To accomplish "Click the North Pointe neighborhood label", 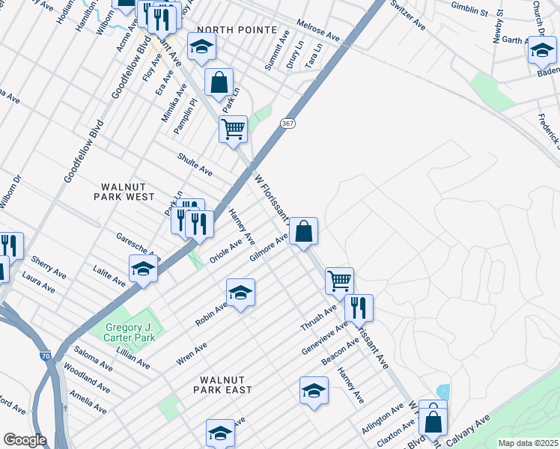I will [x=226, y=29].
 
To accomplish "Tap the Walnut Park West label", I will [x=124, y=191].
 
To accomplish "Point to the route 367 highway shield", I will [x=287, y=123].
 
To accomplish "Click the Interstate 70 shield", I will [x=46, y=356].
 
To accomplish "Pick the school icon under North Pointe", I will [x=201, y=47].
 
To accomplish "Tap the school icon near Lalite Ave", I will [x=143, y=269].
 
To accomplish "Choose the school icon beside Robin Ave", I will [x=240, y=292].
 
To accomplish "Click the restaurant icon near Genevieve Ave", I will [x=359, y=307].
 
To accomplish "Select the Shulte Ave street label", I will [x=194, y=165].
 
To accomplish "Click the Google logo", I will [x=25, y=440].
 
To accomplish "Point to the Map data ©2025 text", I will [x=528, y=442].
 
